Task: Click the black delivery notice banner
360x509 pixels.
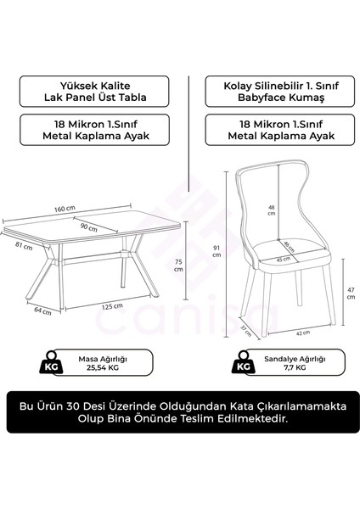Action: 180,412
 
